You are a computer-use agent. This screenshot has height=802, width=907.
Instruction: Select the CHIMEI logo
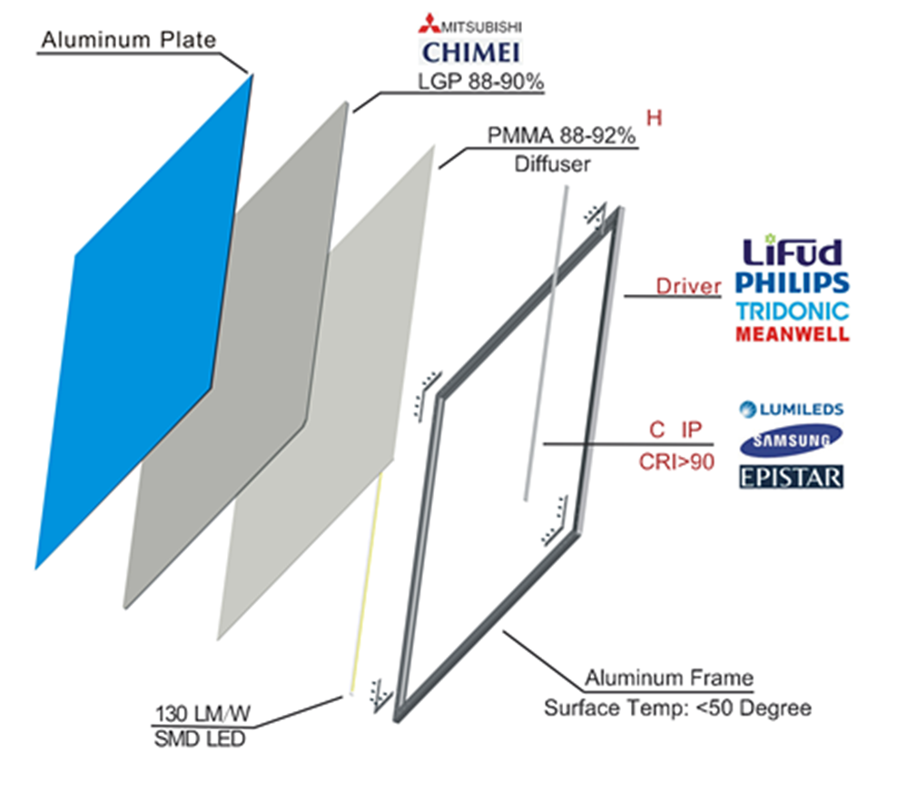(470, 53)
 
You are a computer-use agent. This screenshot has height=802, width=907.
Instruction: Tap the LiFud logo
(792, 250)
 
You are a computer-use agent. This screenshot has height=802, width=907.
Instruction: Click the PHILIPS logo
(793, 283)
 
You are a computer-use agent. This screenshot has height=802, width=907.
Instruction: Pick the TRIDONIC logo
(793, 312)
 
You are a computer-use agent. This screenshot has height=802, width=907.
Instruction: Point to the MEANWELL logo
(793, 334)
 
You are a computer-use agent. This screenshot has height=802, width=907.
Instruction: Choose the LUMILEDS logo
(792, 409)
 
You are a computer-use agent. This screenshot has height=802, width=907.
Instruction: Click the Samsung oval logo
(792, 441)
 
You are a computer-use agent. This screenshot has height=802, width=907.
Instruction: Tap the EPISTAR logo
(792, 477)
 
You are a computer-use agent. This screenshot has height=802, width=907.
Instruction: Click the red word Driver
(688, 286)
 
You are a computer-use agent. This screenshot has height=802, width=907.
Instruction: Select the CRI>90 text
(676, 461)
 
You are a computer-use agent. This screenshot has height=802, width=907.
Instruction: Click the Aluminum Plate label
(128, 40)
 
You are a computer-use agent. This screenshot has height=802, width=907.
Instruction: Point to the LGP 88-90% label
(480, 82)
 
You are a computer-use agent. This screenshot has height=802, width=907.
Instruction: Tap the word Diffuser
(552, 164)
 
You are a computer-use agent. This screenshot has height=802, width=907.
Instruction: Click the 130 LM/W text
(202, 714)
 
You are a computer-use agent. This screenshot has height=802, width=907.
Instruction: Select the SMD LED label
(200, 739)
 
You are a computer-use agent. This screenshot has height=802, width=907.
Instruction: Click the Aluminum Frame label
(669, 678)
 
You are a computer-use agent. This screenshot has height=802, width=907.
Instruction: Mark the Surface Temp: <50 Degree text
(677, 708)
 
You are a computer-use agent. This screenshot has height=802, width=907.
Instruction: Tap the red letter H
(654, 118)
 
